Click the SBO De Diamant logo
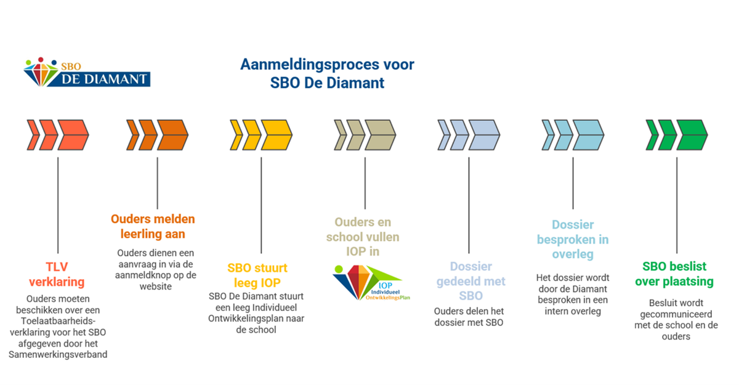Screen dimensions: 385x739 click(87, 72)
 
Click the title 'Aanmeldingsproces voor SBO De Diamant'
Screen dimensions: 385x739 click(327, 73)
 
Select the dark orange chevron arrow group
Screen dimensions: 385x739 click(157, 134)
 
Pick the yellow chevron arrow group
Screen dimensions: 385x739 click(261, 134)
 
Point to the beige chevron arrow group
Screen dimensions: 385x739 click(365, 134)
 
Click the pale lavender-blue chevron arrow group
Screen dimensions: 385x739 click(469, 134)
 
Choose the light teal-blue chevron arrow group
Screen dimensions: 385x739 click(573, 134)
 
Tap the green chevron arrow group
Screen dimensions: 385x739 click(677, 134)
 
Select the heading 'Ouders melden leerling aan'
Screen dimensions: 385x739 click(153, 227)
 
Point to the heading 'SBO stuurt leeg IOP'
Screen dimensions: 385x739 click(257, 275)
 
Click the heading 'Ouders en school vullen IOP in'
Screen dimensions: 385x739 click(366, 236)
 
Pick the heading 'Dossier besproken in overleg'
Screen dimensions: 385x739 click(573, 239)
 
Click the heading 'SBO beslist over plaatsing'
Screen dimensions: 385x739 click(674, 274)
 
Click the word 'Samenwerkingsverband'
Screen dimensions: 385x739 click(58, 354)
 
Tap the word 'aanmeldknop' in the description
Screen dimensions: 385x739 click(143, 275)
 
